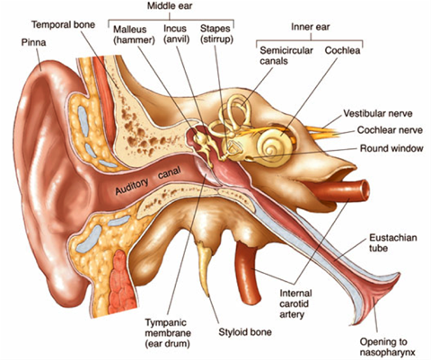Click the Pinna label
pyautogui.click(x=33, y=42)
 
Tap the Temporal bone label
pyautogui.click(x=63, y=24)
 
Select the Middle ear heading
pyautogui.click(x=170, y=6)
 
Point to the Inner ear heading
pyautogui.click(x=310, y=27)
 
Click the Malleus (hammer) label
pyautogui.click(x=134, y=34)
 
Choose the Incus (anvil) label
pyautogui.click(x=177, y=34)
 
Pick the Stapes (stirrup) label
pyautogui.click(x=216, y=34)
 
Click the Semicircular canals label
pyautogui.click(x=286, y=56)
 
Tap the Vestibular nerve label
pyautogui.click(x=378, y=114)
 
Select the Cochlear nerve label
pyautogui.click(x=390, y=130)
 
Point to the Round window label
pyautogui.click(x=391, y=148)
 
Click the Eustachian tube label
pyautogui.click(x=392, y=242)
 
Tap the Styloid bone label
pyautogui.click(x=245, y=332)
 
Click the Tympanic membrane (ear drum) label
pyautogui.click(x=168, y=333)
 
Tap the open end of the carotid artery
pyautogui.click(x=365, y=189)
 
